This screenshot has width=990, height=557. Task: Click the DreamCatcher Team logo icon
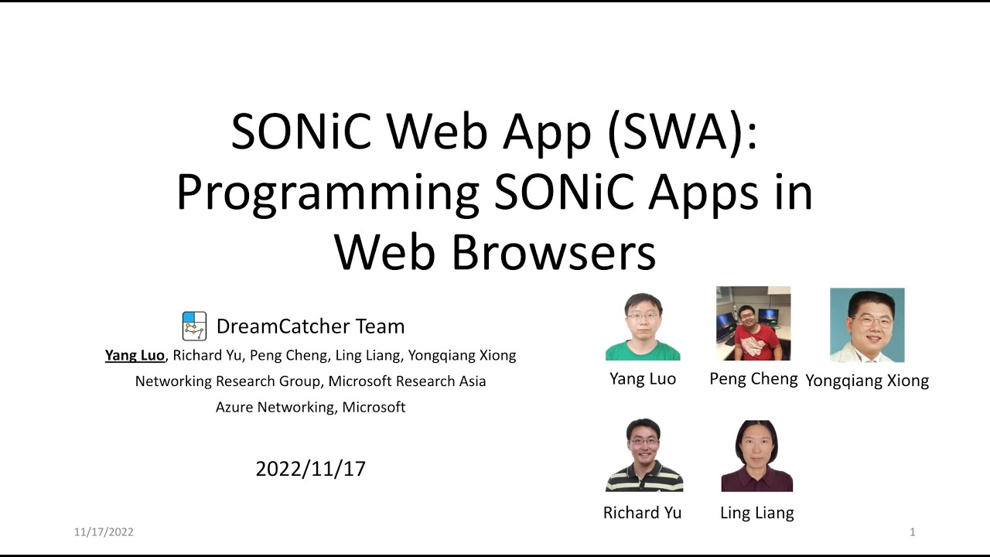(194, 326)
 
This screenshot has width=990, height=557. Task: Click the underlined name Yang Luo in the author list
(135, 355)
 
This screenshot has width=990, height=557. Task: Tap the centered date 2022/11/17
(310, 468)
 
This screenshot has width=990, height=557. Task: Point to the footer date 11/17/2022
(104, 531)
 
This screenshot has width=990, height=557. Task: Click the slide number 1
(913, 531)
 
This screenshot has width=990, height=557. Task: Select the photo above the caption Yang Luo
(643, 326)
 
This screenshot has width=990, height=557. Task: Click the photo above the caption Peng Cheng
(753, 323)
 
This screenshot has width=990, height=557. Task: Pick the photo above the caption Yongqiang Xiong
(867, 325)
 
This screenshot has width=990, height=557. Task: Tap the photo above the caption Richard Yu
(643, 455)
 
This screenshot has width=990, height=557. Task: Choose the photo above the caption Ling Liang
(756, 456)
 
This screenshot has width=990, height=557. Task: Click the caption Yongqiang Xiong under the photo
(867, 380)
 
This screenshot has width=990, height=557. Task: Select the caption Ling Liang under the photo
(756, 512)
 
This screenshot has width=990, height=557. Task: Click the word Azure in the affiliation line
(234, 407)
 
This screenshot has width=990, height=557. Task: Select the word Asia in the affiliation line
(470, 381)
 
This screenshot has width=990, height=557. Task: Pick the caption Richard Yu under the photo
(642, 512)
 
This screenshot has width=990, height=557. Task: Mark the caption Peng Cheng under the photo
(753, 378)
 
